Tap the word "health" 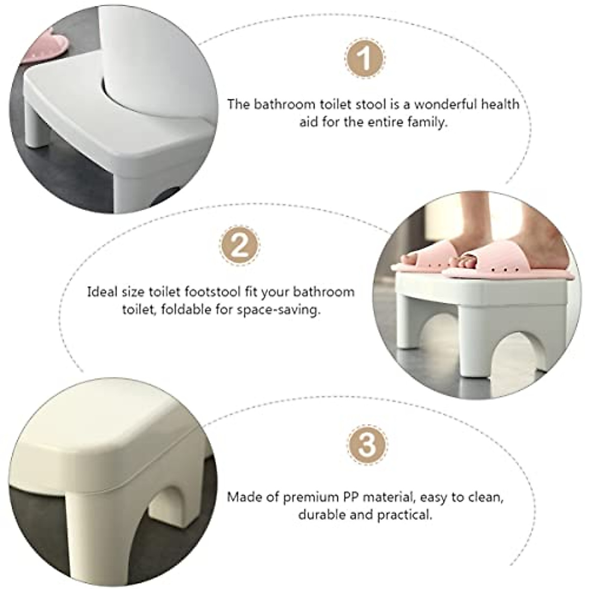click(496, 105)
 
